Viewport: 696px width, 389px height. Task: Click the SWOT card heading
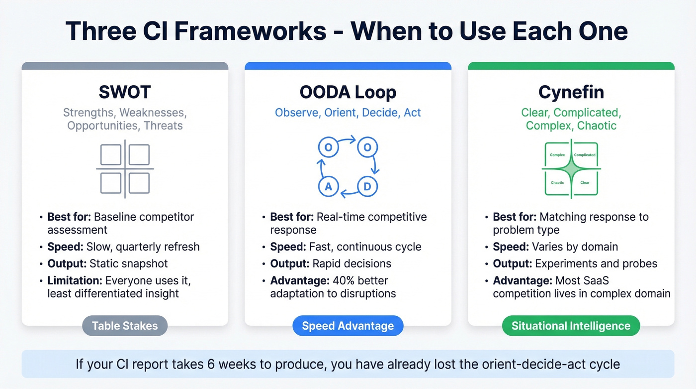[125, 92]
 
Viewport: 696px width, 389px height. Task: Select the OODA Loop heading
[348, 92]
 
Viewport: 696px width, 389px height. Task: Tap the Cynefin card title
[571, 92]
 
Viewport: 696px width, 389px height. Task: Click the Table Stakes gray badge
[125, 326]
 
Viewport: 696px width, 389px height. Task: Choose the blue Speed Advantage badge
[348, 326]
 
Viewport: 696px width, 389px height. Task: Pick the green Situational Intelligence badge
[571, 326]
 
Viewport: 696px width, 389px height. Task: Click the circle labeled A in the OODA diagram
[328, 187]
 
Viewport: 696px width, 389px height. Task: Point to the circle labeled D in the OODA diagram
[368, 187]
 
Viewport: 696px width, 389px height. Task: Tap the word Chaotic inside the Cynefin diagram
[557, 183]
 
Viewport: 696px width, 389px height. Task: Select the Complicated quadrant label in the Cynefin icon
[585, 155]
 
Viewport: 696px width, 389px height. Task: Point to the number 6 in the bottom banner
[209, 364]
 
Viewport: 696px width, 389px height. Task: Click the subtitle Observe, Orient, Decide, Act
[348, 113]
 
